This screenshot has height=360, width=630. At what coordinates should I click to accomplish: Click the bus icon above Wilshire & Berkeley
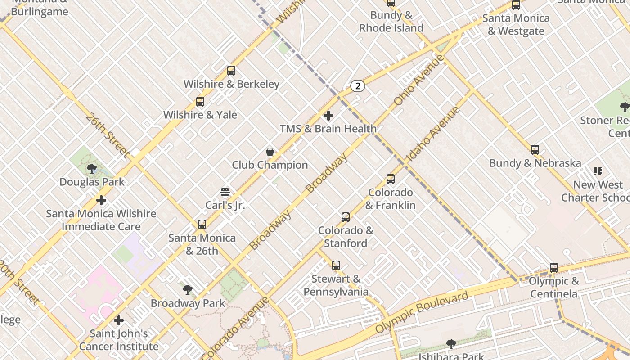pyautogui.click(x=231, y=71)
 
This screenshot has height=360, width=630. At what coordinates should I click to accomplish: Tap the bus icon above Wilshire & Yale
pyautogui.click(x=200, y=102)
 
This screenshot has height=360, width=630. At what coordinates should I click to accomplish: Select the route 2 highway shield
pyautogui.click(x=357, y=86)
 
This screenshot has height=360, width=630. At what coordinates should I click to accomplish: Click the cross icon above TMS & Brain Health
pyautogui.click(x=328, y=116)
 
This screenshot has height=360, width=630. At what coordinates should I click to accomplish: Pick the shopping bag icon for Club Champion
pyautogui.click(x=270, y=152)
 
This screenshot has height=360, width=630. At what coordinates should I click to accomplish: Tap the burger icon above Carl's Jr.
pyautogui.click(x=225, y=193)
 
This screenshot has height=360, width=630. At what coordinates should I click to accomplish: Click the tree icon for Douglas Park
pyautogui.click(x=92, y=169)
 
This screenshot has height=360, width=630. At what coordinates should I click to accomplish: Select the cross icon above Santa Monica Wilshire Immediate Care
pyautogui.click(x=101, y=200)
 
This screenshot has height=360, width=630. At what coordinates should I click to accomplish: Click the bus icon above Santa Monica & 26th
pyautogui.click(x=202, y=224)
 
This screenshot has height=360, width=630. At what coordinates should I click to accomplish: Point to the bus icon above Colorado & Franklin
pyautogui.click(x=391, y=179)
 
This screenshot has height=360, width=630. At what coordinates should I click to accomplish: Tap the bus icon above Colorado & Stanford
pyautogui.click(x=346, y=217)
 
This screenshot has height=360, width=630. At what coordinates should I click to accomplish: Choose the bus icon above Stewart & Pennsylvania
pyautogui.click(x=336, y=265)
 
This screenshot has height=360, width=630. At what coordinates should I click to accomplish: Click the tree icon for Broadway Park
pyautogui.click(x=188, y=290)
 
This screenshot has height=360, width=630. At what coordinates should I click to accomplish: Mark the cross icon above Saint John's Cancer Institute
pyautogui.click(x=119, y=320)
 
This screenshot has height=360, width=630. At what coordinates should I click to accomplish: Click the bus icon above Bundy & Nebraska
pyautogui.click(x=535, y=150)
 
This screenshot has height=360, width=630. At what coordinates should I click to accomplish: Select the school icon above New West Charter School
pyautogui.click(x=598, y=171)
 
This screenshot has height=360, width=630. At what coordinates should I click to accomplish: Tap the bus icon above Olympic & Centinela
pyautogui.click(x=554, y=268)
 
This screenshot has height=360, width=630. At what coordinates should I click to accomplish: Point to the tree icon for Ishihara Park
pyautogui.click(x=451, y=344)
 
